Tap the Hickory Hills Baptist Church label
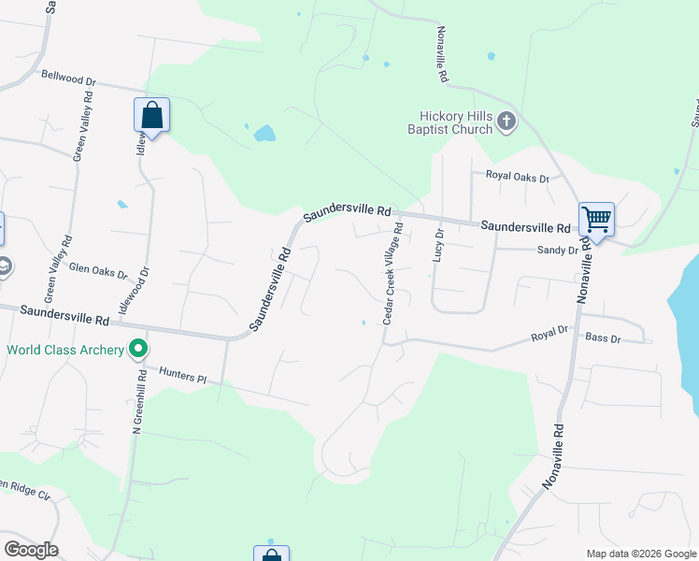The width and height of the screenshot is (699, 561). [x=455, y=122]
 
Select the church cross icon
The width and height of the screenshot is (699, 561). [x=506, y=121]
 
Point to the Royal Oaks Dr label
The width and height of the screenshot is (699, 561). [x=517, y=175]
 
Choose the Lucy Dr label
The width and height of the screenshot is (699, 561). [x=437, y=252]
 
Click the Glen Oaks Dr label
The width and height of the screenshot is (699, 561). [x=98, y=271]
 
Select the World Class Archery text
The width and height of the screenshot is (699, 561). [x=65, y=351]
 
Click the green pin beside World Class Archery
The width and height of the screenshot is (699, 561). [x=139, y=351]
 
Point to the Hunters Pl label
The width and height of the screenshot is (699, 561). [x=182, y=377]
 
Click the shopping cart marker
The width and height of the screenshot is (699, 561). [x=596, y=221]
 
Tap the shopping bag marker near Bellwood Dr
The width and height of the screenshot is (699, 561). [x=151, y=116]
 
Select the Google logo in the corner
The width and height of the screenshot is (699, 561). [x=31, y=550]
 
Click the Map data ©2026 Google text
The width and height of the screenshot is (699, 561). [x=641, y=554]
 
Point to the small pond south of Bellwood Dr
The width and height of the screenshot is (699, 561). [x=264, y=133]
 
